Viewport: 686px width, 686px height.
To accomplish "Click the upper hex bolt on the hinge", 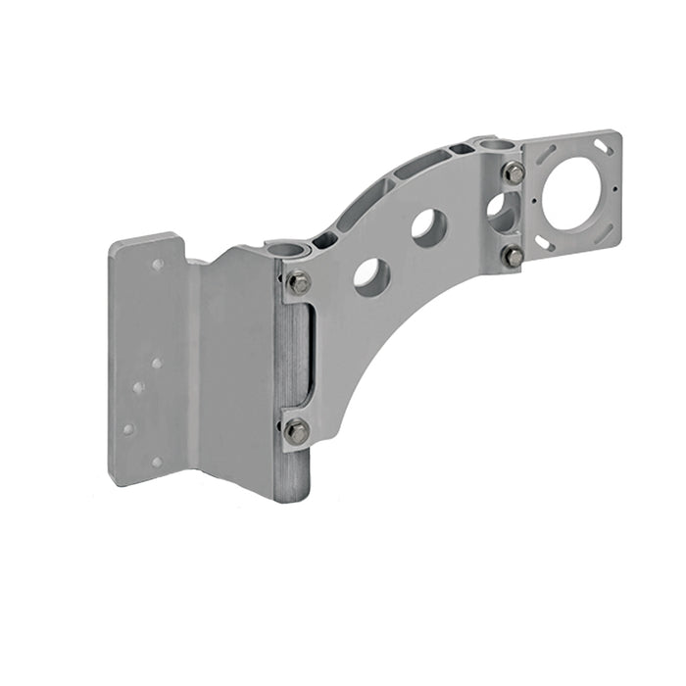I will pyautogui.click(x=299, y=284).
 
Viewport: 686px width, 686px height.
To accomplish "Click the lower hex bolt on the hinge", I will pyautogui.click(x=296, y=430).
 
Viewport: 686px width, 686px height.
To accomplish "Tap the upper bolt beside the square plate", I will pyautogui.click(x=514, y=173).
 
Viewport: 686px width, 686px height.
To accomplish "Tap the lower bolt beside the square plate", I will pyautogui.click(x=513, y=257).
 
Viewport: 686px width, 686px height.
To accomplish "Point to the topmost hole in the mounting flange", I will pyautogui.click(x=157, y=265).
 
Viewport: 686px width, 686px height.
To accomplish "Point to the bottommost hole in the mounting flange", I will pyautogui.click(x=156, y=461).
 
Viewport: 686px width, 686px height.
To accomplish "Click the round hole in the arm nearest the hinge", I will pyautogui.click(x=371, y=276).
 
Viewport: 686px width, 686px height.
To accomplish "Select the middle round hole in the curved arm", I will pyautogui.click(x=428, y=226).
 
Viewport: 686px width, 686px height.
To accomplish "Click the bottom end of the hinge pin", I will pyautogui.click(x=291, y=495).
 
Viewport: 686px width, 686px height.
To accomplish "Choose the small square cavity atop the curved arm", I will pyautogui.click(x=458, y=150).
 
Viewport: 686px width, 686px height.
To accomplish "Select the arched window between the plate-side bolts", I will pyautogui.click(x=499, y=212).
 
